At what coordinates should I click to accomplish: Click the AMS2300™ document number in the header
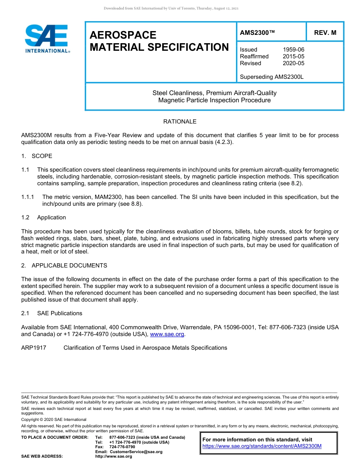coord(257,33)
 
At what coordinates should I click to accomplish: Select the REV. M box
coord(325,33)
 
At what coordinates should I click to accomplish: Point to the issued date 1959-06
coord(293,50)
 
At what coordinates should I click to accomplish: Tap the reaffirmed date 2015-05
coord(293,56)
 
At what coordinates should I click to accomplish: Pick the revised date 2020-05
coord(293,63)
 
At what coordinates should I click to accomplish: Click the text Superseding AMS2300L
coord(272,77)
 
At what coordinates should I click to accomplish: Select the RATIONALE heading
coord(180,122)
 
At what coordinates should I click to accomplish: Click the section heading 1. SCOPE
coord(37,156)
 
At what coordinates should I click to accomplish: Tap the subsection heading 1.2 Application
coord(44,217)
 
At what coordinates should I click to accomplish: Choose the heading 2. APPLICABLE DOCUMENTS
coord(64,266)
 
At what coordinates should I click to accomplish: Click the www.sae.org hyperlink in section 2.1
coord(167,334)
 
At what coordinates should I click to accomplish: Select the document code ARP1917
coord(34,348)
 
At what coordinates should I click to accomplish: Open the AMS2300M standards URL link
coord(262,446)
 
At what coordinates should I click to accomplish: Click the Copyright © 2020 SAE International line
coord(54,419)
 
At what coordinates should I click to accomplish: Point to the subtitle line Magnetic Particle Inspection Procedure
coord(214,100)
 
